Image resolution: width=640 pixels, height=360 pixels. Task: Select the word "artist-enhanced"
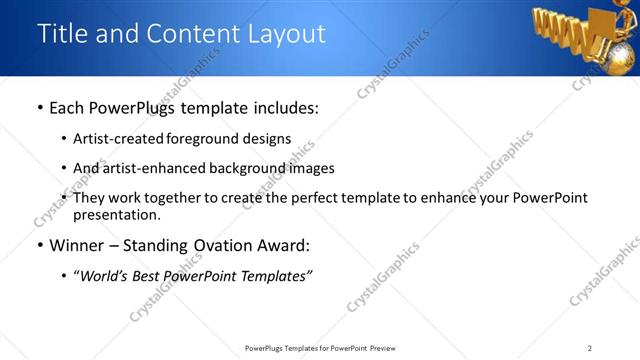[x=157, y=168]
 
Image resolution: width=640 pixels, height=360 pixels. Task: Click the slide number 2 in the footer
[x=590, y=348]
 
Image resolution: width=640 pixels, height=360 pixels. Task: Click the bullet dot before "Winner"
[x=39, y=246]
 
